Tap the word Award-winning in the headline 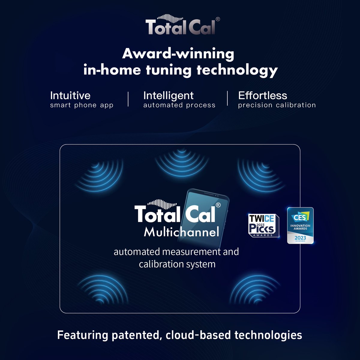[x=178, y=54]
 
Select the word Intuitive [x=70, y=95]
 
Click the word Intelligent [x=168, y=95]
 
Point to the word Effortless [x=262, y=95]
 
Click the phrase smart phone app [x=82, y=105]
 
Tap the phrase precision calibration [x=277, y=105]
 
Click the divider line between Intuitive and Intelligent [x=128, y=99]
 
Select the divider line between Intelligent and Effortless [x=227, y=98]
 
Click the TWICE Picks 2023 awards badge [x=263, y=225]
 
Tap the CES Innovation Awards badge [x=300, y=225]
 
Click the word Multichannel [x=181, y=232]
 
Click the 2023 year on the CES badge [x=300, y=238]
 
